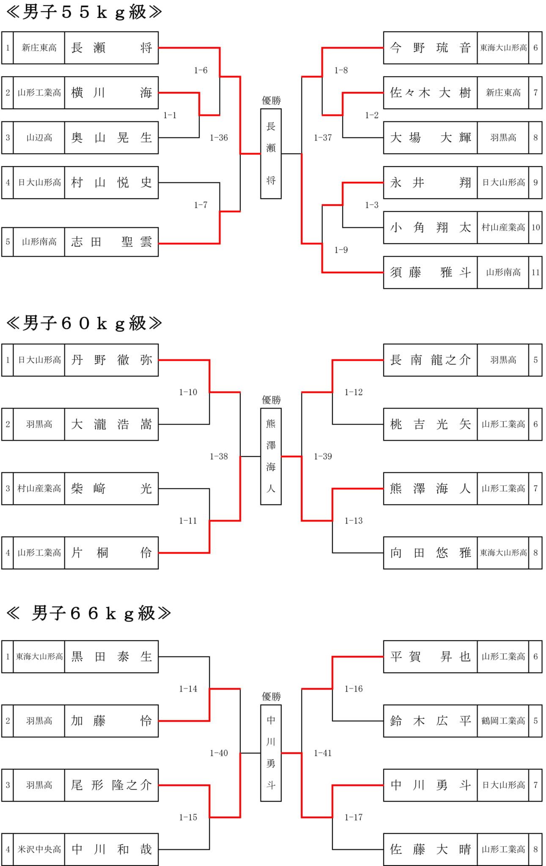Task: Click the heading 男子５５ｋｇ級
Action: [x=84, y=12]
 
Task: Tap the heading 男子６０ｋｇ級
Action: [x=84, y=323]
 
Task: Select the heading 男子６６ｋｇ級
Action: [x=88, y=613]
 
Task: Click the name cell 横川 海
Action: [x=111, y=93]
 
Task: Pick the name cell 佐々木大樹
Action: [x=430, y=93]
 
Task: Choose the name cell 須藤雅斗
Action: [x=430, y=272]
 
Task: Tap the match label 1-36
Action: [x=219, y=138]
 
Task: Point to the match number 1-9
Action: [x=341, y=250]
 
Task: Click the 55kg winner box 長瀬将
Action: [x=271, y=153]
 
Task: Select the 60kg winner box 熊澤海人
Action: [x=271, y=456]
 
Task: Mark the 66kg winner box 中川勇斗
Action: [x=271, y=753]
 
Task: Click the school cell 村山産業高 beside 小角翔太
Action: [x=503, y=227]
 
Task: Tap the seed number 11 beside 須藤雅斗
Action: [x=535, y=272]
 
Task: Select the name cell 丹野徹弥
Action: [x=111, y=360]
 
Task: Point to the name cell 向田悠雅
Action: [x=430, y=553]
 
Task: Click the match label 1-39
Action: [x=323, y=457]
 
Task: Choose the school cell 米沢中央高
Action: [x=39, y=850]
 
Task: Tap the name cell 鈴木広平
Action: [x=430, y=721]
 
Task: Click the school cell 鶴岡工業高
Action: [x=503, y=721]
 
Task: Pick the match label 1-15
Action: [x=188, y=817]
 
